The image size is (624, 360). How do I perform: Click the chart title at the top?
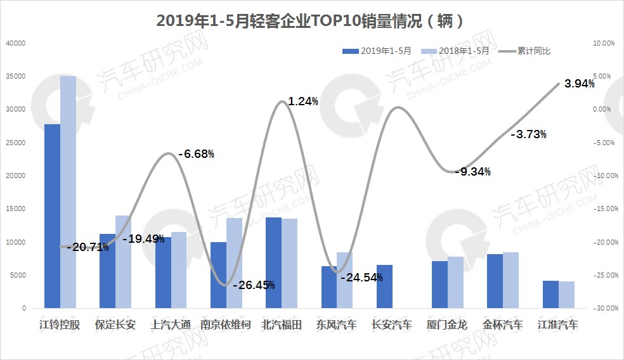(311, 21)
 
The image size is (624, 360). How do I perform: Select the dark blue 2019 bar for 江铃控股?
(52, 215)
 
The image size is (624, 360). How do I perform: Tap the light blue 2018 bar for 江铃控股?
(68, 192)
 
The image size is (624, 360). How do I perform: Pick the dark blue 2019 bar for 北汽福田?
(273, 262)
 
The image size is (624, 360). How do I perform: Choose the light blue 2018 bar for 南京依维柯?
(234, 263)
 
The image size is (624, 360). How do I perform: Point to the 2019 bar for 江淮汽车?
(550, 294)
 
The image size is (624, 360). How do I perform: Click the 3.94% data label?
(579, 84)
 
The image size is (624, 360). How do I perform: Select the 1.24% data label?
(302, 101)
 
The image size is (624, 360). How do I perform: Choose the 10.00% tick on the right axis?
(602, 43)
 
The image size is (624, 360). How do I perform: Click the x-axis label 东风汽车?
(337, 325)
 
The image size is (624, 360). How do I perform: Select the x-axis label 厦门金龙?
(447, 325)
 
